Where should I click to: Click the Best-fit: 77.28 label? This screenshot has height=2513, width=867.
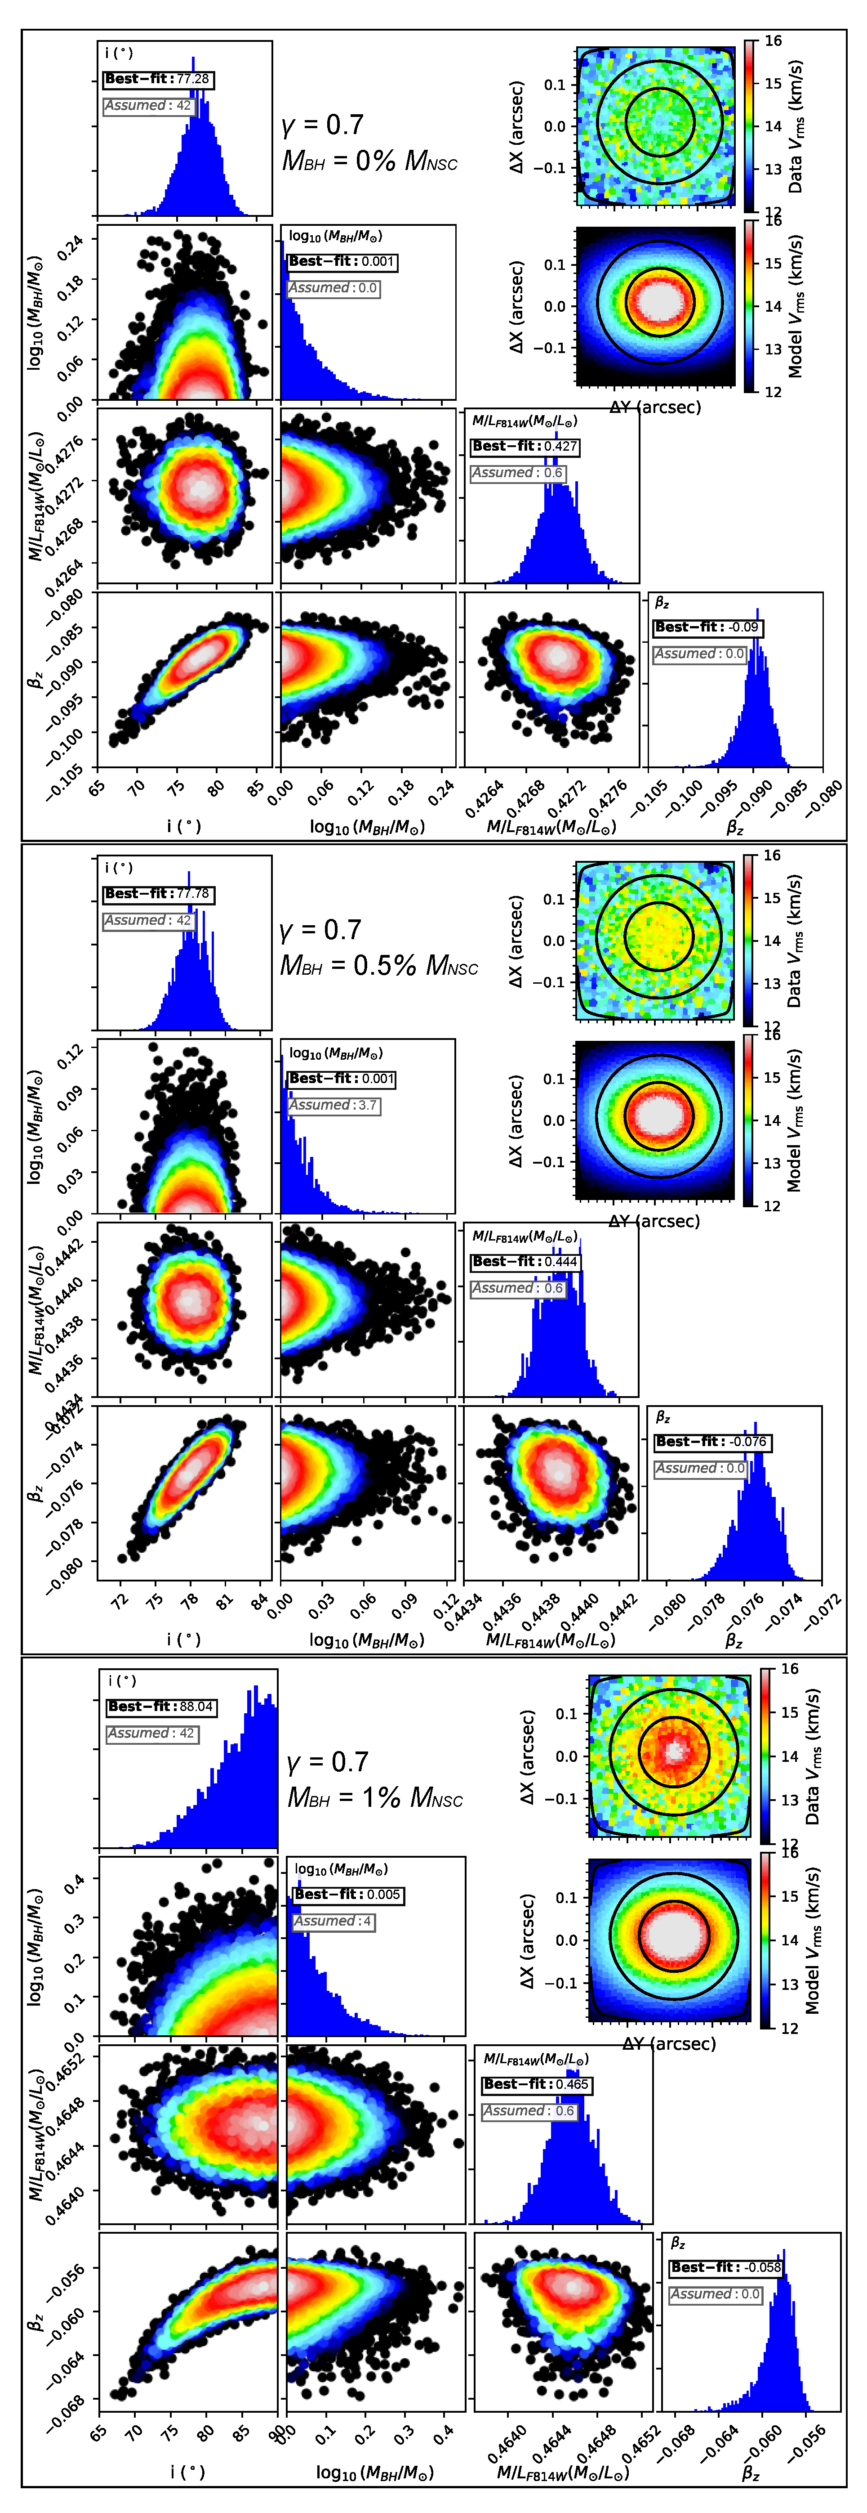pyautogui.click(x=157, y=79)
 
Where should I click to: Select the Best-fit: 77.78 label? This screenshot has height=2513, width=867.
pyautogui.click(x=157, y=894)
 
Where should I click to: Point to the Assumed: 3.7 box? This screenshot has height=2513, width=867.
pyautogui.click(x=333, y=1105)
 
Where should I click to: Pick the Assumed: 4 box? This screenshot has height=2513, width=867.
pyautogui.click(x=333, y=1921)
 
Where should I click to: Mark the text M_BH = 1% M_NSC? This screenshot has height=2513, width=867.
pyautogui.click(x=374, y=1798)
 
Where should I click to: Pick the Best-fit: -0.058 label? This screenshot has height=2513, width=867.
pyautogui.click(x=725, y=2267)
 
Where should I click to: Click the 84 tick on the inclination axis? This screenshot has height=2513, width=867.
pyautogui.click(x=259, y=1602)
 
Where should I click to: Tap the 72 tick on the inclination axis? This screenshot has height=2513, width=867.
pyautogui.click(x=120, y=1602)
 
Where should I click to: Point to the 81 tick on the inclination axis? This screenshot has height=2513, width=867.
pyautogui.click(x=225, y=1602)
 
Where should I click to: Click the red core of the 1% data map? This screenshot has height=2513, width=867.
pyautogui.click(x=672, y=1751)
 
